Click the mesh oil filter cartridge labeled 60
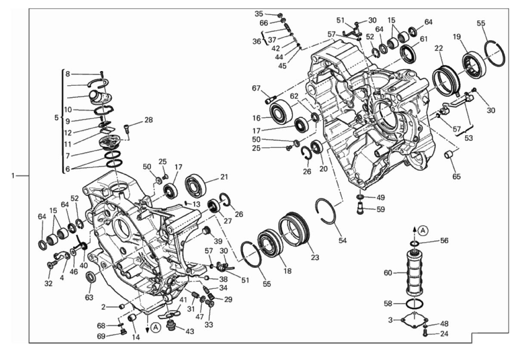click(x=415, y=273)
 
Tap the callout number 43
click(x=190, y=331)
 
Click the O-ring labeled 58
click(x=415, y=303)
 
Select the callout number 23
click(x=315, y=258)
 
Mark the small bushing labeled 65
click(x=449, y=155)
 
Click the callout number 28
click(x=149, y=120)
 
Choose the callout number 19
click(x=457, y=37)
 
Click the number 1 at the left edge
click(x=13, y=176)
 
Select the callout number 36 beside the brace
click(x=257, y=41)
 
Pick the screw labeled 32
click(x=52, y=264)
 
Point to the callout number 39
click(x=218, y=241)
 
